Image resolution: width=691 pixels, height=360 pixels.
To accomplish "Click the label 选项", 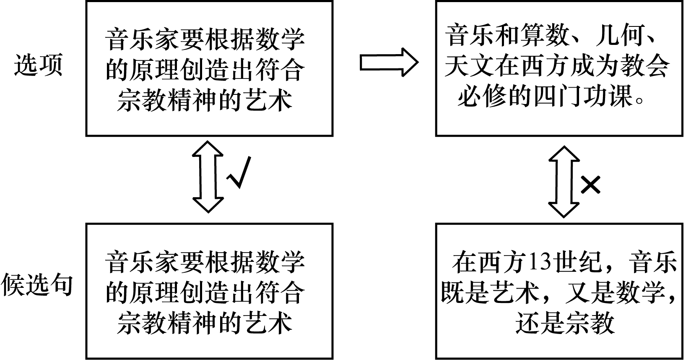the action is pos(38,65).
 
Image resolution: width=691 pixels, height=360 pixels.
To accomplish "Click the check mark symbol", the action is pos(239,172).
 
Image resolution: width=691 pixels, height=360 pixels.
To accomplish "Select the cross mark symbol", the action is pos(590,185).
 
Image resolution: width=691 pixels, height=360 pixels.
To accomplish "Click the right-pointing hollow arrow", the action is pos(389,63).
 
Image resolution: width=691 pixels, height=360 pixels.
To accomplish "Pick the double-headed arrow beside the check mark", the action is pos(208,177).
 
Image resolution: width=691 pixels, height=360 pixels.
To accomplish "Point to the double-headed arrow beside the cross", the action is pos(564,182).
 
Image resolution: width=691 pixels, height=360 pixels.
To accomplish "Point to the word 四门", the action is pos(559,97).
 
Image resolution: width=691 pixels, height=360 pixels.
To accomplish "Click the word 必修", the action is pos(482,97).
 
